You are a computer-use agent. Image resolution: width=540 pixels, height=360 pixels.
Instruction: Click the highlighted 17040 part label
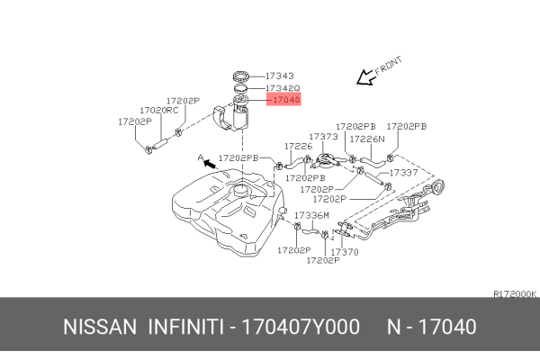pyautogui.click(x=284, y=101)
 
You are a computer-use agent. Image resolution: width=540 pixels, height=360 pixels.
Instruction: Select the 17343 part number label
pyautogui.click(x=283, y=76)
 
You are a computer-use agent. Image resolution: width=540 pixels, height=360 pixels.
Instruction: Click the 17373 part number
pyautogui.click(x=323, y=137)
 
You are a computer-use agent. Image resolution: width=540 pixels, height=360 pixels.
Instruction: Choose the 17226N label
pyautogui.click(x=367, y=139)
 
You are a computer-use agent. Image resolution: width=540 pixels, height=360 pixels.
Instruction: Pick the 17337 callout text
pyautogui.click(x=403, y=172)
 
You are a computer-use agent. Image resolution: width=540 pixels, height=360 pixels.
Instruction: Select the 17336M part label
pyautogui.click(x=311, y=216)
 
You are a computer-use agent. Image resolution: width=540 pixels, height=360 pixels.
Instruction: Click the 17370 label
pyautogui.click(x=345, y=252)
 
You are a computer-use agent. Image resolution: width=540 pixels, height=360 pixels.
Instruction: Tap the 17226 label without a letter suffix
pyautogui.click(x=298, y=146)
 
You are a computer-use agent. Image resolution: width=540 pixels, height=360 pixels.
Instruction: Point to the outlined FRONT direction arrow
pyautogui.click(x=365, y=78)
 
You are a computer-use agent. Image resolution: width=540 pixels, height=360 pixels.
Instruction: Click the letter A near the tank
pyautogui.click(x=201, y=158)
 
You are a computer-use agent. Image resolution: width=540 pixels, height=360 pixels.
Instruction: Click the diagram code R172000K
pyautogui.click(x=515, y=293)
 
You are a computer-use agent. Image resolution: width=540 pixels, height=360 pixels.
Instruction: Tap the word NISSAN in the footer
pyautogui.click(x=98, y=327)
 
